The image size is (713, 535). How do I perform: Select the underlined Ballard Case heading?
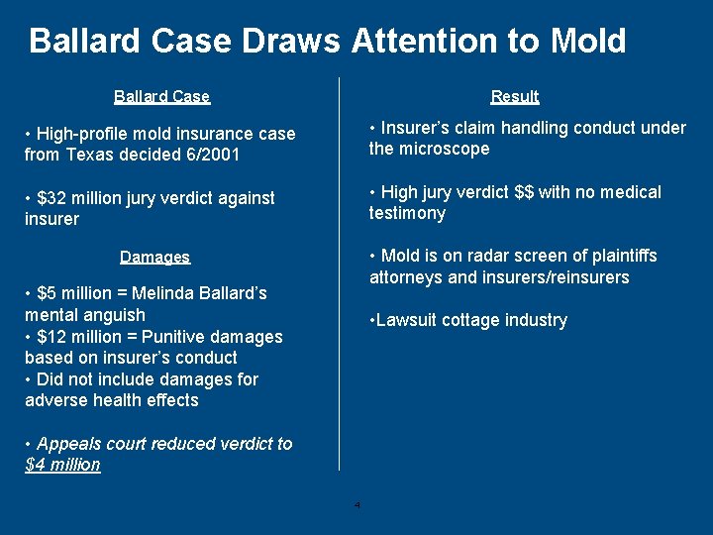(161, 96)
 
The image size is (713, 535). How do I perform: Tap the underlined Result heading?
(515, 96)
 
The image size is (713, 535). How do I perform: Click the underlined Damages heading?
(154, 257)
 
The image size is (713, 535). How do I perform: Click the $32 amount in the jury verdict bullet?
(51, 198)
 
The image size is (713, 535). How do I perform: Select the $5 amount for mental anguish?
(47, 293)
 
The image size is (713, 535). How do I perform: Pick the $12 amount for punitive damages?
(51, 337)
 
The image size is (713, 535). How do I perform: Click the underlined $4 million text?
(62, 465)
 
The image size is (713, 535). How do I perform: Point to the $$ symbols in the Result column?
(522, 192)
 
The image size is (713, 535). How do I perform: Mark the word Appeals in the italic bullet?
(68, 444)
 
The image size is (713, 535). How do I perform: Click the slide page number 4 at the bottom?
(357, 505)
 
